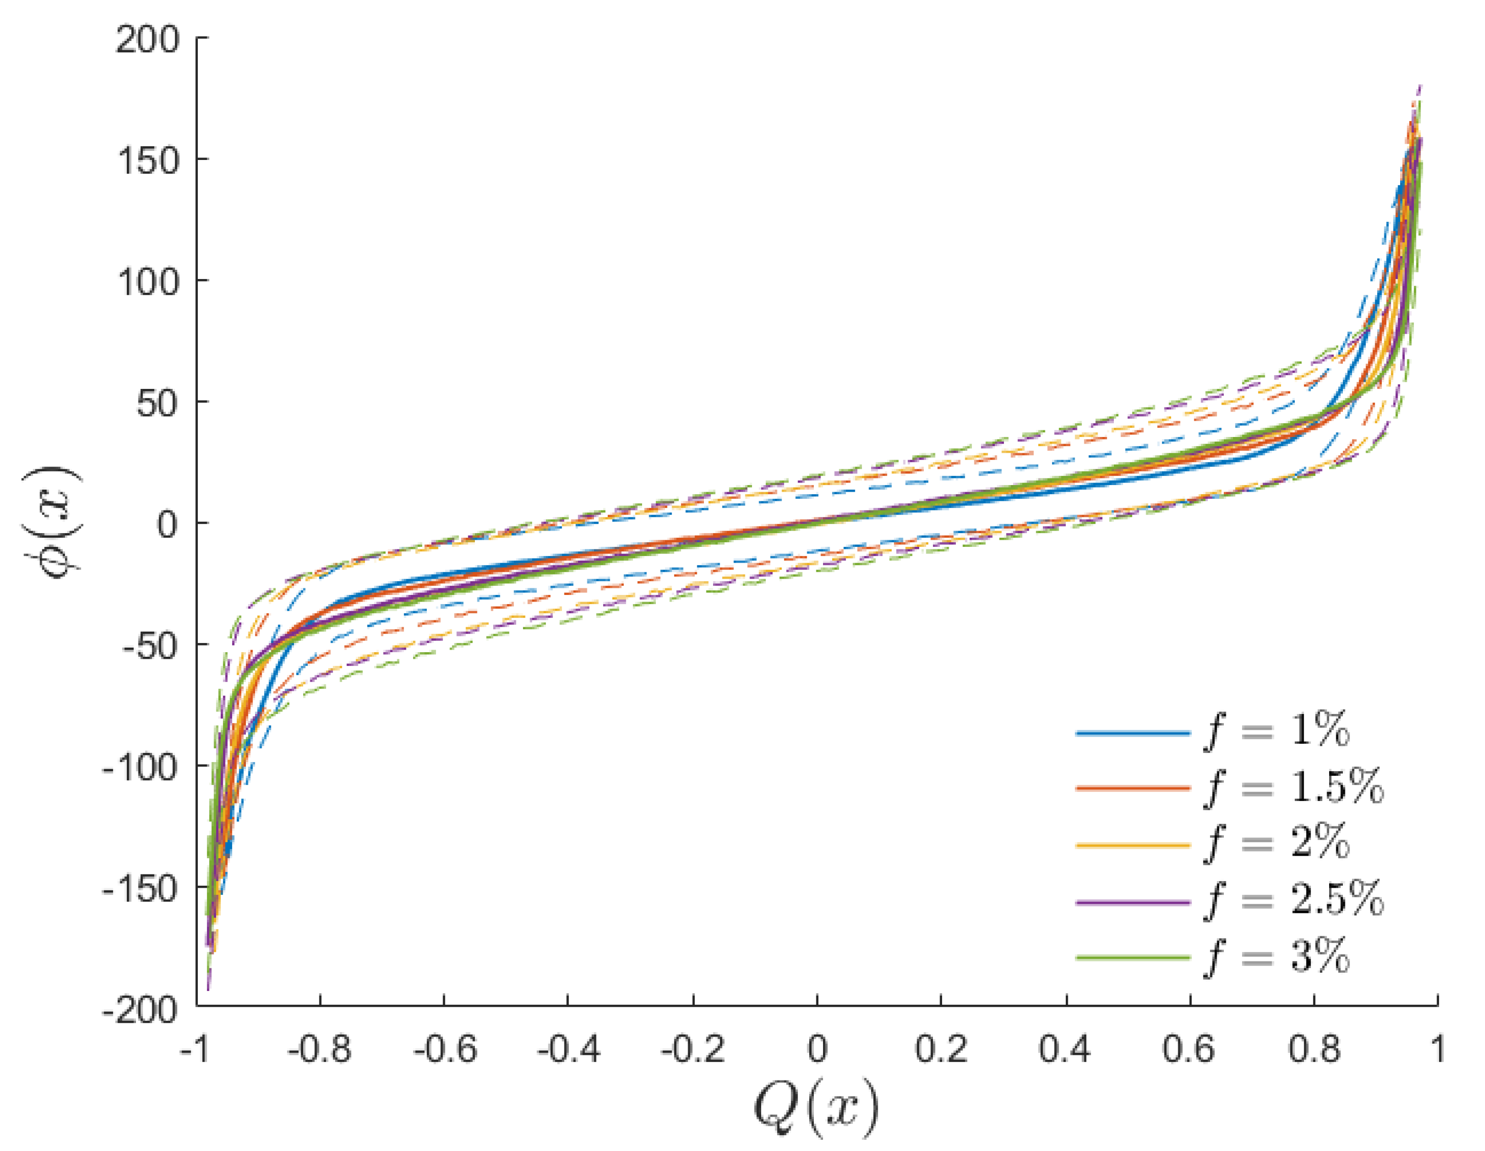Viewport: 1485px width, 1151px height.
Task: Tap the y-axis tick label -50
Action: click(x=150, y=644)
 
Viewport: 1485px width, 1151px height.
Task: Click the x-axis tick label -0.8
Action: click(x=319, y=1049)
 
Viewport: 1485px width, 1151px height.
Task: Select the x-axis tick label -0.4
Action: click(x=568, y=1049)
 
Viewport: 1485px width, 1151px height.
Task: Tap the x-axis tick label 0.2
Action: click(x=941, y=1049)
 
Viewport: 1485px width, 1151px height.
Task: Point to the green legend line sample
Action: click(x=1133, y=958)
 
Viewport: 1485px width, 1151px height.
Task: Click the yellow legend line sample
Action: click(x=1133, y=845)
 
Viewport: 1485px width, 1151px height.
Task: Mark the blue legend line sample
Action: click(x=1133, y=733)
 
